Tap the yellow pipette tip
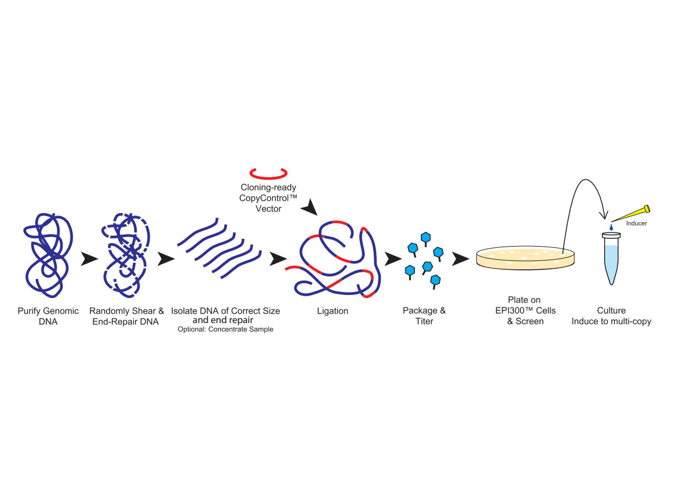pyautogui.click(x=633, y=213)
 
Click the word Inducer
pyautogui.click(x=636, y=223)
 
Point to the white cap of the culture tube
pyautogui.click(x=611, y=236)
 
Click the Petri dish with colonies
pyautogui.click(x=526, y=258)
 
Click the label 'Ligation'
pyautogui.click(x=333, y=311)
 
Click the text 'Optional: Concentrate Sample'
pyautogui.click(x=226, y=330)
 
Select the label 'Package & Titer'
pyautogui.click(x=424, y=316)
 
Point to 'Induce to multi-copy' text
pyautogui.click(x=611, y=321)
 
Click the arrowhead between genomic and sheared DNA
pyautogui.click(x=89, y=259)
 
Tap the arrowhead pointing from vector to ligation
pyautogui.click(x=310, y=208)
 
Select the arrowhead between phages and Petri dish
pyautogui.click(x=460, y=259)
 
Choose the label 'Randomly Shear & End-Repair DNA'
pyautogui.click(x=127, y=316)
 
